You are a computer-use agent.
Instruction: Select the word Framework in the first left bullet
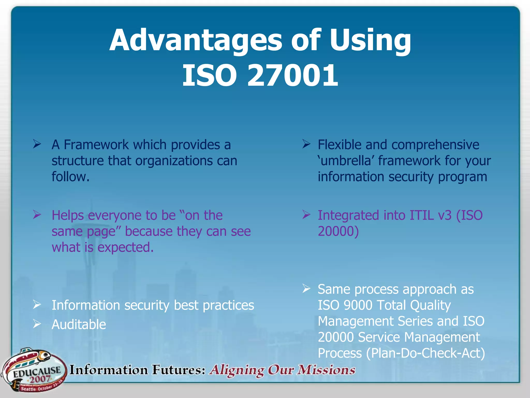pyautogui.click(x=96, y=145)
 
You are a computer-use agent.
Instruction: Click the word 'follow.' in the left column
pyautogui.click(x=70, y=177)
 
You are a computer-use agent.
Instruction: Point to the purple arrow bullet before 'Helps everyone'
pyautogui.click(x=37, y=215)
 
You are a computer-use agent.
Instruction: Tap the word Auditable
pyautogui.click(x=79, y=325)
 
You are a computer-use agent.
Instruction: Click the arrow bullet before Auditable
pyautogui.click(x=37, y=324)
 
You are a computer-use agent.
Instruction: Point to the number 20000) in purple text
pyautogui.click(x=338, y=231)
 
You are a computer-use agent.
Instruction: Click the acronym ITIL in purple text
pyautogui.click(x=421, y=215)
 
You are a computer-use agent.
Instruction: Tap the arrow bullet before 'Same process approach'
pyautogui.click(x=306, y=288)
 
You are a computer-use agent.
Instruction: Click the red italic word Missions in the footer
pyautogui.click(x=326, y=370)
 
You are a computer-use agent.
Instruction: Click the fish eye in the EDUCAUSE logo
pyautogui.click(x=46, y=354)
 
